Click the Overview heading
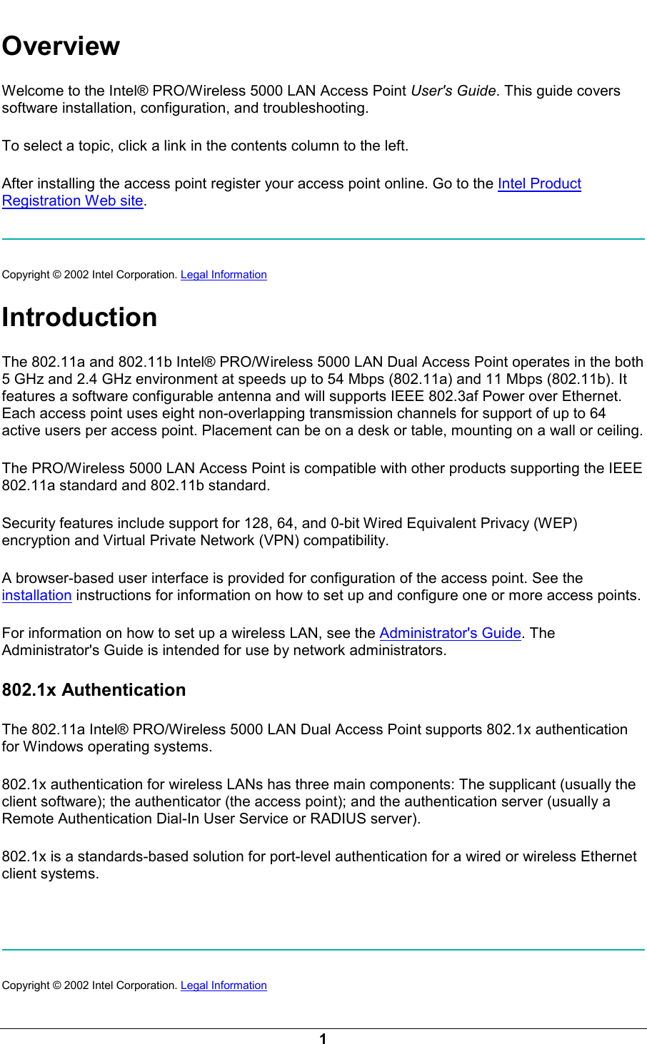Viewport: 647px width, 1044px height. click(x=61, y=46)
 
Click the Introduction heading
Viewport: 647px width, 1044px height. click(x=79, y=317)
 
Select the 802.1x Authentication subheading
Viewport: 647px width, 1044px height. click(x=94, y=690)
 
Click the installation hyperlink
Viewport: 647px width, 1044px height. click(x=36, y=595)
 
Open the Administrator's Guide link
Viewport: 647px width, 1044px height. click(x=450, y=633)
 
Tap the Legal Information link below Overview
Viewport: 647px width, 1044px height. click(x=224, y=275)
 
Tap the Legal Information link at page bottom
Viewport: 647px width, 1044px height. click(x=224, y=985)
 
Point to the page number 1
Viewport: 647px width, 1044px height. click(x=323, y=1039)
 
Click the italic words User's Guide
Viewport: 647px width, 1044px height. click(x=453, y=91)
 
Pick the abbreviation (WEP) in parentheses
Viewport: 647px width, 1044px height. click(x=556, y=523)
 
